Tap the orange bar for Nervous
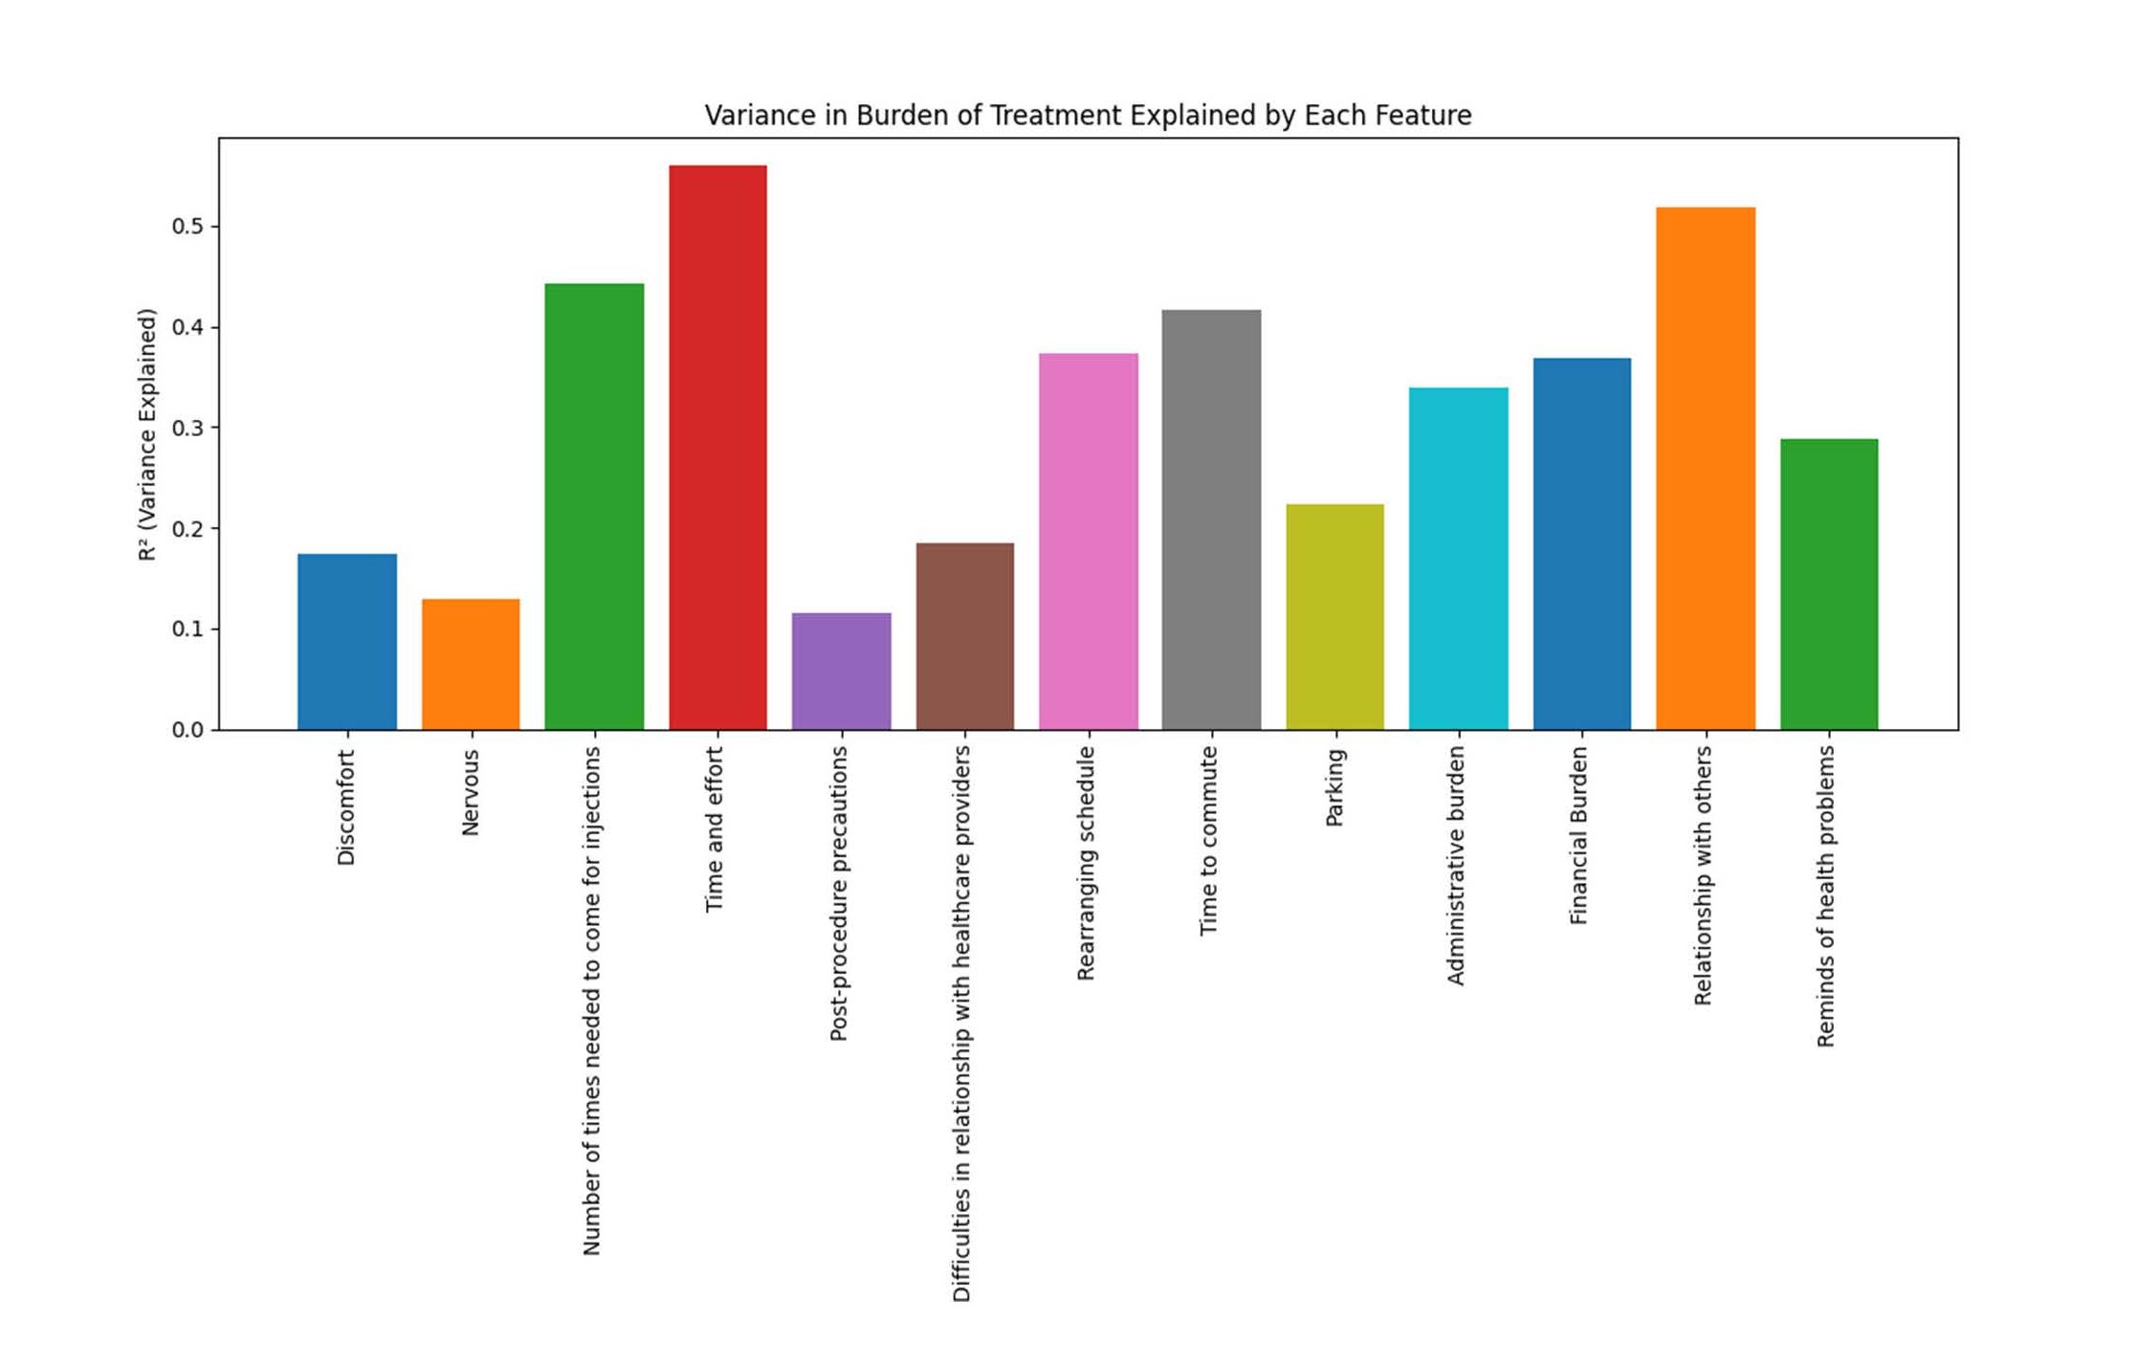point(471,665)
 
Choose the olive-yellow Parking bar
point(1334,617)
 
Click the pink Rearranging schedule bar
point(1088,541)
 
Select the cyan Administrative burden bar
point(1458,559)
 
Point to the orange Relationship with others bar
point(1706,469)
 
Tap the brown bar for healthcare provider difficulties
point(964,636)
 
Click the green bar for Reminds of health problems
point(1829,584)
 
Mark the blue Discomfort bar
point(347,642)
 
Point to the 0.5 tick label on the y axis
point(187,227)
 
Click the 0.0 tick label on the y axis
point(187,730)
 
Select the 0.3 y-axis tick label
point(187,429)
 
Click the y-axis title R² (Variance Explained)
point(146,434)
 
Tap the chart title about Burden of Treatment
point(1088,116)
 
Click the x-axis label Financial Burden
point(1578,835)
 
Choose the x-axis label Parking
point(1334,787)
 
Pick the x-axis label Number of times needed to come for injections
point(592,1001)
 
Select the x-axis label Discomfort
point(346,807)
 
